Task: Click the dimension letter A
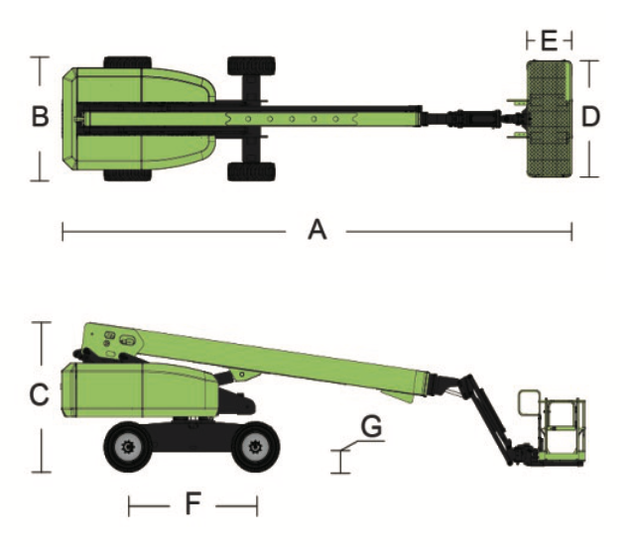[x=317, y=230]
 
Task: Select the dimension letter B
[x=40, y=116]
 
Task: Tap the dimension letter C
[x=40, y=394]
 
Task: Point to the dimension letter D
[x=590, y=116]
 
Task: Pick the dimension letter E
[x=549, y=41]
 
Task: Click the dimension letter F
[x=193, y=503]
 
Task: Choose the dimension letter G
[x=371, y=426]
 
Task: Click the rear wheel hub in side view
[x=128, y=447]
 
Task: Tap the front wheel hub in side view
[x=256, y=447]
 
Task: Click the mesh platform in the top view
[x=550, y=119]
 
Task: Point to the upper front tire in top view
[x=252, y=65]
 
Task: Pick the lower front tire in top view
[x=252, y=171]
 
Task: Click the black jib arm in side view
[x=486, y=419]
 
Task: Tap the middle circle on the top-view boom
[x=292, y=119]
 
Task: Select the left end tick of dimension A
[x=63, y=232]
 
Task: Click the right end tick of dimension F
[x=257, y=506]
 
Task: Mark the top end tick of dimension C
[x=42, y=322]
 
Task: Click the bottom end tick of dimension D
[x=589, y=176]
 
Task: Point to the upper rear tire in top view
[x=128, y=62]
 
